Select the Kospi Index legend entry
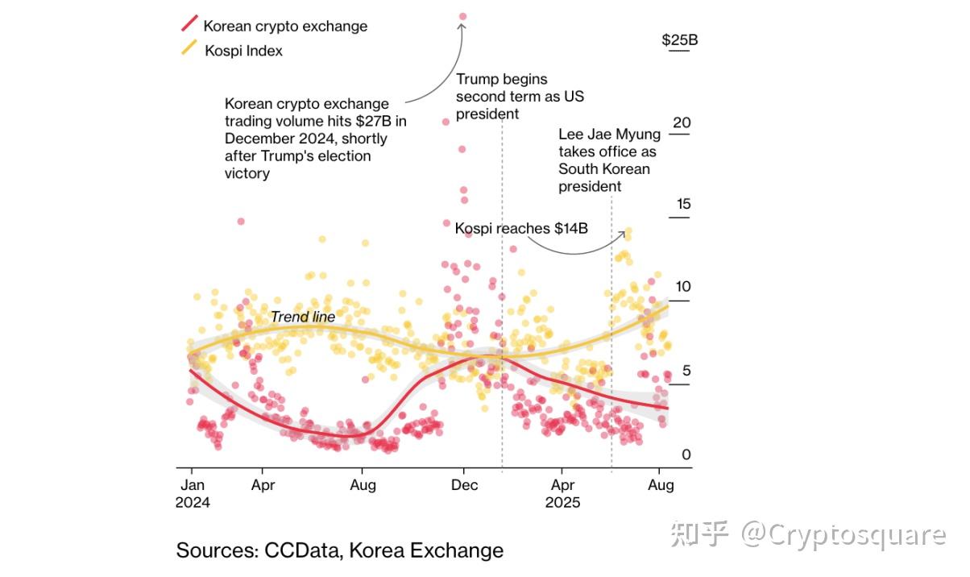pyautogui.click(x=242, y=50)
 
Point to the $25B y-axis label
pyautogui.click(x=679, y=40)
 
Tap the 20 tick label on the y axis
pyautogui.click(x=682, y=122)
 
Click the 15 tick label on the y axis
pyautogui.click(x=683, y=204)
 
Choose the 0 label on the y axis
pyautogui.click(x=686, y=455)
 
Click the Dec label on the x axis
pyautogui.click(x=464, y=484)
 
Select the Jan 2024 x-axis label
pyautogui.click(x=192, y=493)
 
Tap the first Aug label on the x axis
pyautogui.click(x=363, y=484)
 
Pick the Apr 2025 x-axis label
pyautogui.click(x=562, y=493)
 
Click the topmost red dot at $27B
pyautogui.click(x=462, y=16)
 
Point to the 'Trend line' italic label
pyautogui.click(x=302, y=317)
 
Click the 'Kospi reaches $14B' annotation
pyautogui.click(x=521, y=228)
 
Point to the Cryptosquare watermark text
pyautogui.click(x=858, y=534)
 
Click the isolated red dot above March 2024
pyautogui.click(x=240, y=221)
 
